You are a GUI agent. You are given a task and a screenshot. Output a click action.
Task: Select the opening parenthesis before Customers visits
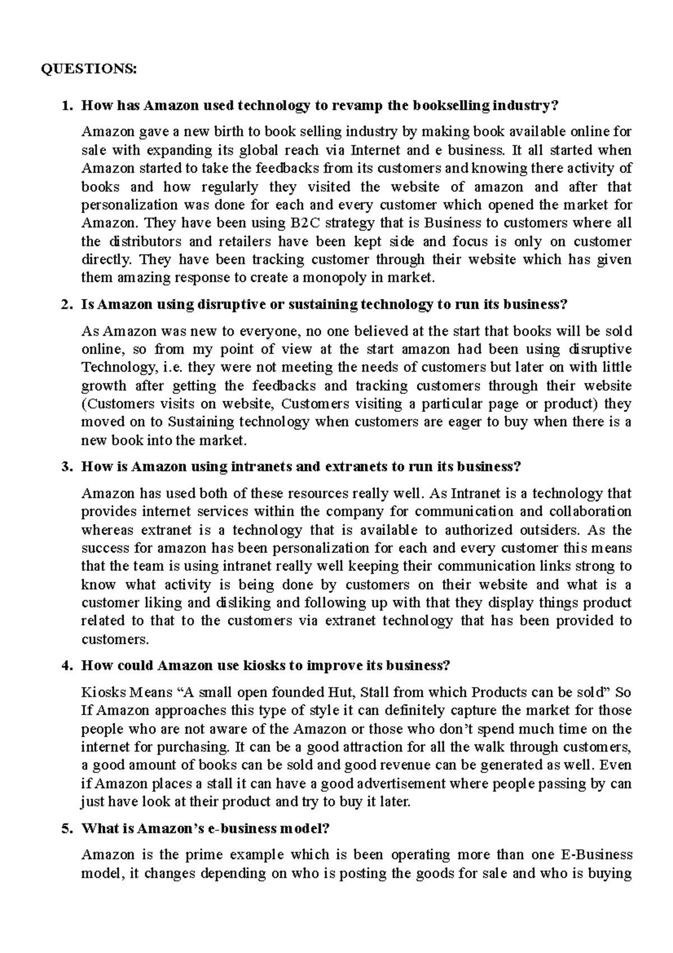[84, 404]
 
